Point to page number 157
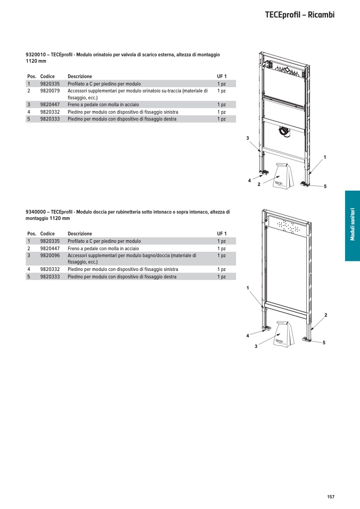click(x=330, y=497)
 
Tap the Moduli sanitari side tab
click(x=352, y=226)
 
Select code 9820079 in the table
click(x=50, y=91)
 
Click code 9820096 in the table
click(x=50, y=255)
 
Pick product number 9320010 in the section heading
click(x=35, y=55)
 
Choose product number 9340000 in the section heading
click(x=35, y=211)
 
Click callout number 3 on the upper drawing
click(x=247, y=138)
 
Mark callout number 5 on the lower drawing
click(x=324, y=343)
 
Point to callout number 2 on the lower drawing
click(x=325, y=316)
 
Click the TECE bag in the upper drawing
click(x=281, y=176)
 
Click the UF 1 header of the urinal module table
click(x=222, y=77)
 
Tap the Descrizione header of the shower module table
click(x=80, y=234)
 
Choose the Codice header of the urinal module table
click(x=47, y=77)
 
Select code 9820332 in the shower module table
click(x=50, y=269)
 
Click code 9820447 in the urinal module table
click(x=50, y=105)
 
